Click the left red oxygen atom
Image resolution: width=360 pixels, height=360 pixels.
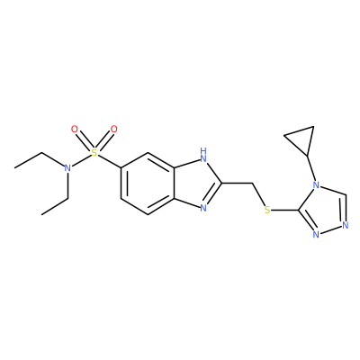pyautogui.click(x=75, y=130)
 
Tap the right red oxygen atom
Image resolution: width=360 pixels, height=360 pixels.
pyautogui.click(x=113, y=130)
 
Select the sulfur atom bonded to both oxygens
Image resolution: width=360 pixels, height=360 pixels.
pyautogui.click(x=94, y=153)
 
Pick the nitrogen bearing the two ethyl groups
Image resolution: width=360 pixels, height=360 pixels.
pyautogui.click(x=67, y=168)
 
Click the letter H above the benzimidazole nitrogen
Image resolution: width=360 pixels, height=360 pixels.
pyautogui.click(x=203, y=149)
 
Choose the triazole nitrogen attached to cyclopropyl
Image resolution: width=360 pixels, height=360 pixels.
pyautogui.click(x=315, y=184)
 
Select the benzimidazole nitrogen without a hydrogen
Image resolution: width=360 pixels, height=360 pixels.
pyautogui.click(x=203, y=208)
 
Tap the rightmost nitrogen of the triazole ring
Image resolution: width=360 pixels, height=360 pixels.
pyautogui.click(x=345, y=225)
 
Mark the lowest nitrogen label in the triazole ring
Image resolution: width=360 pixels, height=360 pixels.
pyautogui.click(x=316, y=234)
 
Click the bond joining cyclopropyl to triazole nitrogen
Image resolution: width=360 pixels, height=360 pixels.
pyautogui.click(x=310, y=168)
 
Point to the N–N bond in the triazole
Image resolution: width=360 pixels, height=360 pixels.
pyautogui.click(x=330, y=229)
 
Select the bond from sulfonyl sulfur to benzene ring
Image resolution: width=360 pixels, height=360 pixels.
pyautogui.click(x=109, y=161)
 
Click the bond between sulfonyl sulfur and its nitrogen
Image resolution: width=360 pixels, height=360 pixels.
pyautogui.click(x=81, y=161)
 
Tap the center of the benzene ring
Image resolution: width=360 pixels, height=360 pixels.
pyautogui.click(x=148, y=183)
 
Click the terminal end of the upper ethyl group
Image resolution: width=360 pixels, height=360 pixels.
pyautogui.click(x=14, y=167)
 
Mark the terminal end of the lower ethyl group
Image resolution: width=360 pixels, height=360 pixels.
pyautogui.click(x=41, y=214)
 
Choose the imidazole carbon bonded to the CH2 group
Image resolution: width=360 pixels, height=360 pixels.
pyautogui.click(x=221, y=183)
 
